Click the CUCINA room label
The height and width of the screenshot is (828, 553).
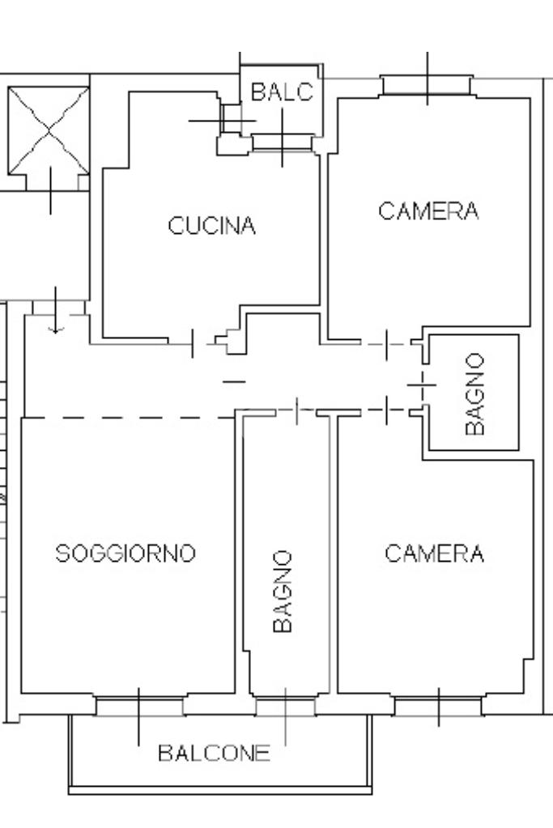coord(212,226)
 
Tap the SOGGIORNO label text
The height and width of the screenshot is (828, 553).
coord(125,553)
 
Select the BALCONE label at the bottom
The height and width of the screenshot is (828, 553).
coord(214,753)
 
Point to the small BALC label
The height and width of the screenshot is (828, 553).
coord(282,92)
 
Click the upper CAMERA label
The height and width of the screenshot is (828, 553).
coord(428,210)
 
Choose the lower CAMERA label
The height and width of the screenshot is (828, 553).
coord(434,554)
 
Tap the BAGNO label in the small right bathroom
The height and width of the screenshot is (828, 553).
coord(474,394)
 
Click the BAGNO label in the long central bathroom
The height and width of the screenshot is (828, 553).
coord(282,591)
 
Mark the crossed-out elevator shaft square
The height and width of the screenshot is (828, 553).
coord(49,130)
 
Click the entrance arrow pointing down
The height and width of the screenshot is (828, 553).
coord(55,311)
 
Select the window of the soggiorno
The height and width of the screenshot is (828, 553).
coord(139,706)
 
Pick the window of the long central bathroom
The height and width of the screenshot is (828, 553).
coord(285,706)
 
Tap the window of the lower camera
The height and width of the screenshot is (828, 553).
coord(438,706)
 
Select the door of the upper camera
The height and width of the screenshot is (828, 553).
coord(386,344)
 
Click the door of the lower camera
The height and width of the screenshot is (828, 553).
coord(386,410)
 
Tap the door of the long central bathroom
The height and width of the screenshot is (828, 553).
coord(297,411)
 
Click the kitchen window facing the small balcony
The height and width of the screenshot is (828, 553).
coord(282,142)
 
